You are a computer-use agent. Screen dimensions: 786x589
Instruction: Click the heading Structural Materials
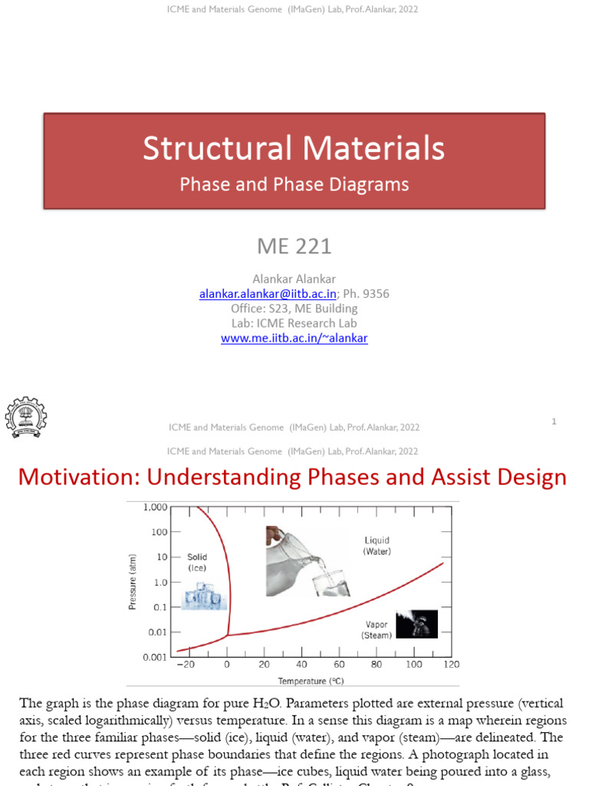[x=294, y=148]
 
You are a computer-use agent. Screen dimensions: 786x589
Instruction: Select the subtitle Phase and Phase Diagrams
[x=294, y=185]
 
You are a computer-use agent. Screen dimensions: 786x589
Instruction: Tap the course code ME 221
[x=294, y=246]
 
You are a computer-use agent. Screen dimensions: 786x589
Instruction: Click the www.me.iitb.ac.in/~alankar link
[x=294, y=338]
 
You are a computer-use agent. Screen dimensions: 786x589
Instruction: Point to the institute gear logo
[x=26, y=418]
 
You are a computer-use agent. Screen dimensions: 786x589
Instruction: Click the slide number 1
[x=552, y=421]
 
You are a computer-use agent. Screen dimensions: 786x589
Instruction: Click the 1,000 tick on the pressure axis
[x=155, y=507]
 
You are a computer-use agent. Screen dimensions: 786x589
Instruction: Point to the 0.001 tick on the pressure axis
[x=155, y=658]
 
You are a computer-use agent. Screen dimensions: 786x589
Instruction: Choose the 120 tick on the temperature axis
[x=452, y=665]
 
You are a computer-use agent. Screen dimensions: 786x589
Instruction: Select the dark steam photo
[x=416, y=623]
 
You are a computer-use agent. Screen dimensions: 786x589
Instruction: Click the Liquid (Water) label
[x=377, y=547]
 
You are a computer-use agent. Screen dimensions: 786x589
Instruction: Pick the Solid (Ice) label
[x=197, y=562]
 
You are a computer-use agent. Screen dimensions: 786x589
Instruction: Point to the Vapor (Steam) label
[x=377, y=630]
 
